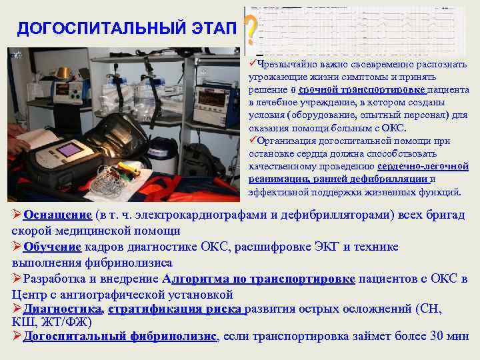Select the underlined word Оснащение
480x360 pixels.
(57, 215)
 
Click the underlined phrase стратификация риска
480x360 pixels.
(176, 309)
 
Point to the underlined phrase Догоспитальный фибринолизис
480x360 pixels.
(120, 336)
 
